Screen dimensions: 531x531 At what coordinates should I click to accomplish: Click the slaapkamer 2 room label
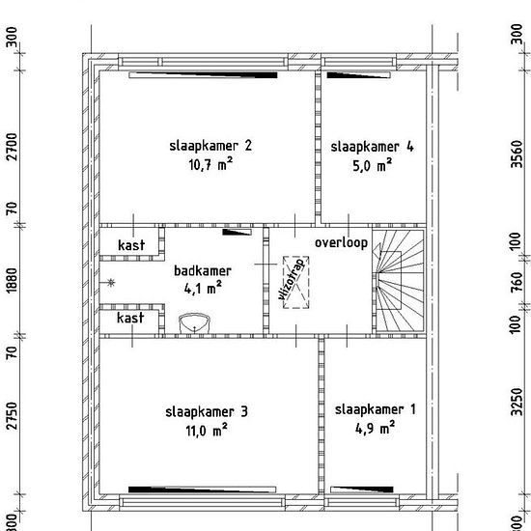(210, 146)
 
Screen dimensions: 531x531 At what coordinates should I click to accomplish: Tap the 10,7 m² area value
(210, 164)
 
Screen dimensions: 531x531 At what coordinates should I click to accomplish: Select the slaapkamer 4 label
(372, 147)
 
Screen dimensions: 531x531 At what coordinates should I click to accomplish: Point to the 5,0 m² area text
(372, 166)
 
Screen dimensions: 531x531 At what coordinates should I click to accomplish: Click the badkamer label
(203, 271)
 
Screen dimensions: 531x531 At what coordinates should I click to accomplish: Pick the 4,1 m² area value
(203, 289)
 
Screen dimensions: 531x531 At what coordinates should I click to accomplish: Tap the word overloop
(341, 243)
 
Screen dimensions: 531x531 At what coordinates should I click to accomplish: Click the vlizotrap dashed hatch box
(296, 282)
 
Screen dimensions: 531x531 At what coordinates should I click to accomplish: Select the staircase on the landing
(400, 281)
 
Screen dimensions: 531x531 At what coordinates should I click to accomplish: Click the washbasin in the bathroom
(194, 323)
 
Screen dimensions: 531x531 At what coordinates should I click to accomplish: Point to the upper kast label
(131, 245)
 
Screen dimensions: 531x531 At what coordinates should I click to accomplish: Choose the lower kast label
(130, 318)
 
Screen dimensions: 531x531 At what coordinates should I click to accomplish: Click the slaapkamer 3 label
(207, 412)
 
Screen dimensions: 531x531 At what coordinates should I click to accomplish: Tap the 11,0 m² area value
(207, 431)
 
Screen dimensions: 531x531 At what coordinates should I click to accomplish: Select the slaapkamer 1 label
(375, 409)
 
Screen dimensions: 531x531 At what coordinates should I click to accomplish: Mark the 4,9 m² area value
(375, 429)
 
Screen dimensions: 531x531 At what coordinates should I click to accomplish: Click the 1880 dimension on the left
(12, 281)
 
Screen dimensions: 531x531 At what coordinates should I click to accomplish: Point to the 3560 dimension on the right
(517, 154)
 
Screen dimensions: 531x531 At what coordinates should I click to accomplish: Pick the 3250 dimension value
(517, 402)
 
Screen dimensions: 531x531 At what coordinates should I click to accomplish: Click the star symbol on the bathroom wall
(111, 283)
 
